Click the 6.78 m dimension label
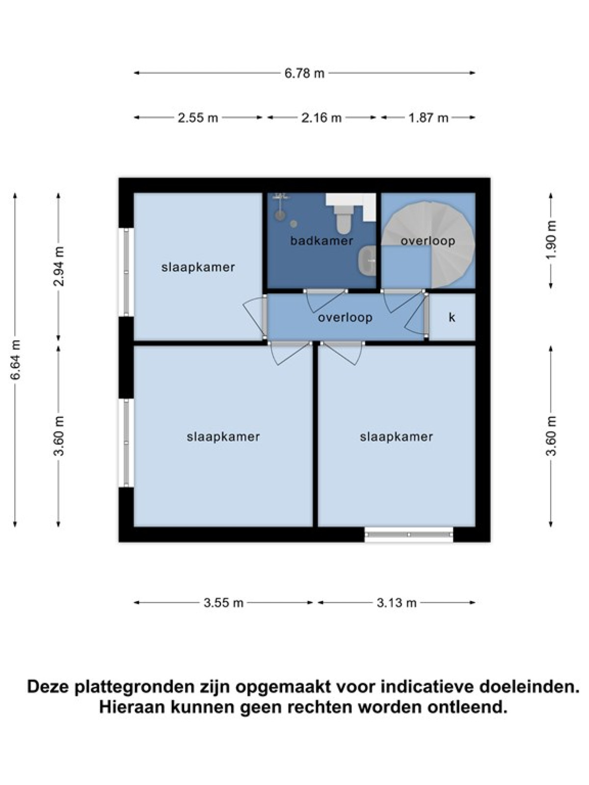point(304,73)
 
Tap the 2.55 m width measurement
point(198,118)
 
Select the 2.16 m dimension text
point(321,118)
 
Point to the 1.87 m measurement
point(428,118)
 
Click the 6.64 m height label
point(15,360)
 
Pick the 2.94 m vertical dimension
point(59,266)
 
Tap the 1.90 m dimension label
point(551,240)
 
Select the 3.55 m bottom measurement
point(223,603)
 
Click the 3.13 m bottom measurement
point(397,603)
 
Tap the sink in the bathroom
point(367,262)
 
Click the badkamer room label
point(321,241)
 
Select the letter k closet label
point(452,317)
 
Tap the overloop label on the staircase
point(428,241)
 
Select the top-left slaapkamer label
point(198,267)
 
